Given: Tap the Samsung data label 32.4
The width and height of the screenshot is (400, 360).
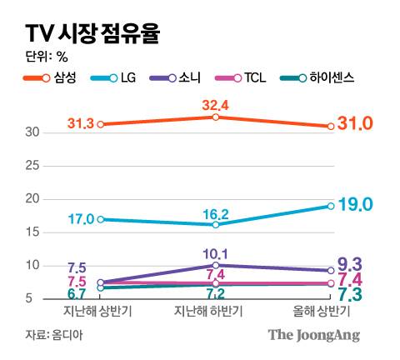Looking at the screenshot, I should (215, 106).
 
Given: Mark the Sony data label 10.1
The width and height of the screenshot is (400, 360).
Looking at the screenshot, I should (215, 254).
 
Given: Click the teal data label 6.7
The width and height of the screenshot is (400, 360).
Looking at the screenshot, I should (77, 294).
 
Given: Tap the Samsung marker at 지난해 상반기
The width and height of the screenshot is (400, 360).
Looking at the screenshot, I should (101, 124).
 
